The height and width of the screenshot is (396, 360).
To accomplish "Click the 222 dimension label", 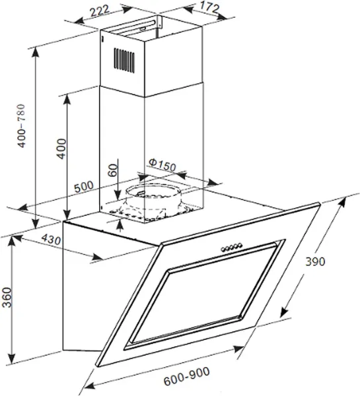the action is point(100,11).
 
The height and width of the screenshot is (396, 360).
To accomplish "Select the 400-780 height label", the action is point(21,126).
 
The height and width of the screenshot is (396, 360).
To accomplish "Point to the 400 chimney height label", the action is point(61,148).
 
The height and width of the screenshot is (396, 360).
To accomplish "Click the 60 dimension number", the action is point(112,170).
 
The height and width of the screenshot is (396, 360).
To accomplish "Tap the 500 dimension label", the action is point(84,187).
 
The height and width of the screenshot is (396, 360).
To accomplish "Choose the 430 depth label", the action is point(51,239).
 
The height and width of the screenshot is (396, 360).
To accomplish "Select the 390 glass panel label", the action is point(315,261).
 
